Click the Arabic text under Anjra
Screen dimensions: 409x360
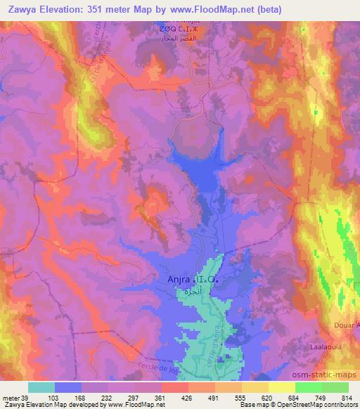(x=184, y=290)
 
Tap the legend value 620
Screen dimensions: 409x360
(x=257, y=397)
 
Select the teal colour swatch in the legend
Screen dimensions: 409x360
(x=41, y=387)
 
